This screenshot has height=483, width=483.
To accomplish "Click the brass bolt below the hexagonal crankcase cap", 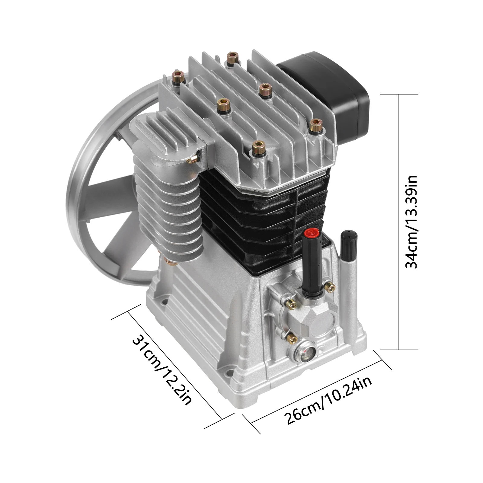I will pos(292,340).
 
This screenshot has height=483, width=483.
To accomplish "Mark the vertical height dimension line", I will pos(399,222).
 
